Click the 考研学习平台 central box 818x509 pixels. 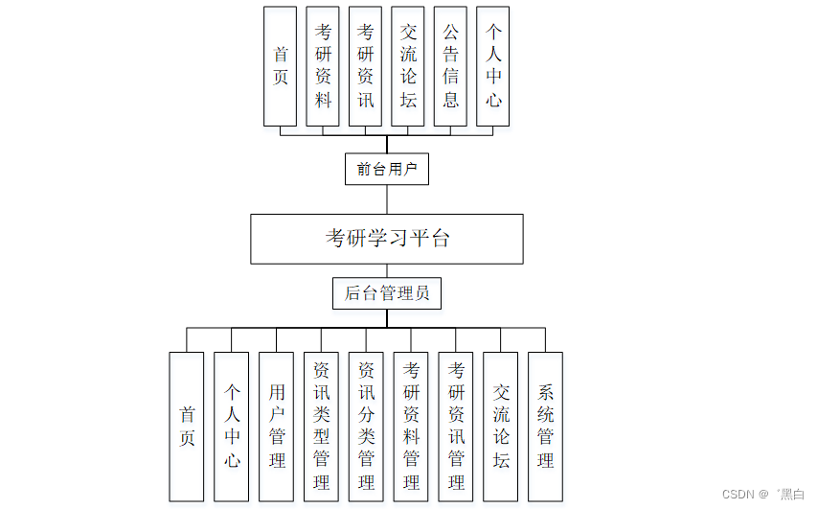pos(387,239)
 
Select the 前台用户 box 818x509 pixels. pos(387,170)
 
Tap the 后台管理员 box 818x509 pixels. pos(387,293)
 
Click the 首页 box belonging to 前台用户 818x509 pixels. pos(280,66)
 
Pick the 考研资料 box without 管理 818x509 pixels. pos(323,66)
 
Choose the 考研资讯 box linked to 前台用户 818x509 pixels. pos(365,66)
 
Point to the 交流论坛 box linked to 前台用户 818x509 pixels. pos(408,66)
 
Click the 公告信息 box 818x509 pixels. pos(450,66)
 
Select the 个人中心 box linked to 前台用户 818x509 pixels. pos(493,66)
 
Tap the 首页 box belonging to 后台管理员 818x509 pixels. pos(187,427)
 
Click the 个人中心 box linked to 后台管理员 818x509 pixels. pos(232,427)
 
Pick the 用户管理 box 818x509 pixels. pos(277,427)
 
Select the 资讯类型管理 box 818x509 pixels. pos(321,427)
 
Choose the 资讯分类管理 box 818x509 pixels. pos(366,427)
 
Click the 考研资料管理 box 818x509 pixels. pos(411,427)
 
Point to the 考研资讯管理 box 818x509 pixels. pos(456,427)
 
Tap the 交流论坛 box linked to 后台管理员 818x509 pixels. pos(501,427)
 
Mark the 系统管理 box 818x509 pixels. pos(545,427)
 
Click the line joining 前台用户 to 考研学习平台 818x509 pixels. pos(387,199)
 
